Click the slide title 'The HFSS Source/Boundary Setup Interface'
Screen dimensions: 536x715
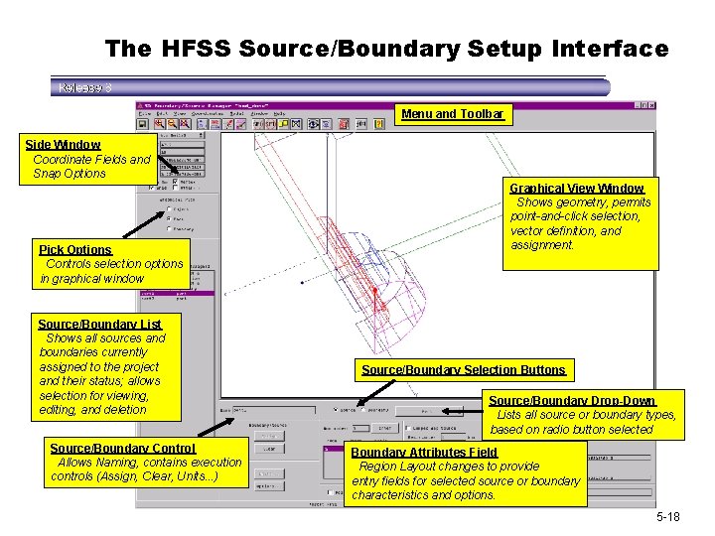point(387,48)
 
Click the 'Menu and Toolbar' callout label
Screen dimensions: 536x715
point(453,114)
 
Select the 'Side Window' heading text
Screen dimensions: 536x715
point(63,145)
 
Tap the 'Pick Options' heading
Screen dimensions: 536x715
point(74,249)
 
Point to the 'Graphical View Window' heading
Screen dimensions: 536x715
point(576,188)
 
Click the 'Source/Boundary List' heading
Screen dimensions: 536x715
point(99,324)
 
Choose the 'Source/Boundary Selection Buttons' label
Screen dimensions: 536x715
point(463,370)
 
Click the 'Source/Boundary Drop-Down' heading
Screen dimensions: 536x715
point(571,400)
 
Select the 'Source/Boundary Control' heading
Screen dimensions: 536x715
point(122,448)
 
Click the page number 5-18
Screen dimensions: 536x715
point(667,518)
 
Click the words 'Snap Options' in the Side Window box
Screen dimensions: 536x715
point(70,174)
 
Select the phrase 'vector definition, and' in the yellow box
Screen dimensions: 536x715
point(565,231)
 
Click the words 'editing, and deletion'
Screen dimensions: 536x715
point(93,410)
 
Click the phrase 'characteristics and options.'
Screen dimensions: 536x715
point(424,494)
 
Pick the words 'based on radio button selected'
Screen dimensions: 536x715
point(571,429)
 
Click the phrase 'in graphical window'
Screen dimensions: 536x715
point(92,279)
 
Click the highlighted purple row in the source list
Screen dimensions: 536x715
point(178,293)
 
